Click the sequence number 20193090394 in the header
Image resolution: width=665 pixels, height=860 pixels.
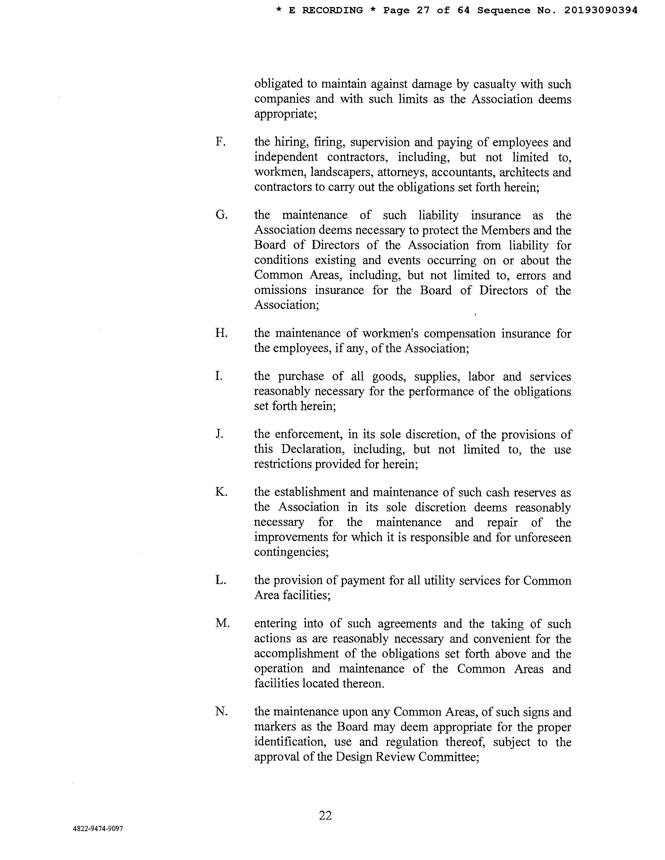tap(601, 11)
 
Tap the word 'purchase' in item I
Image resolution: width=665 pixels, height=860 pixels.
tap(301, 377)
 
